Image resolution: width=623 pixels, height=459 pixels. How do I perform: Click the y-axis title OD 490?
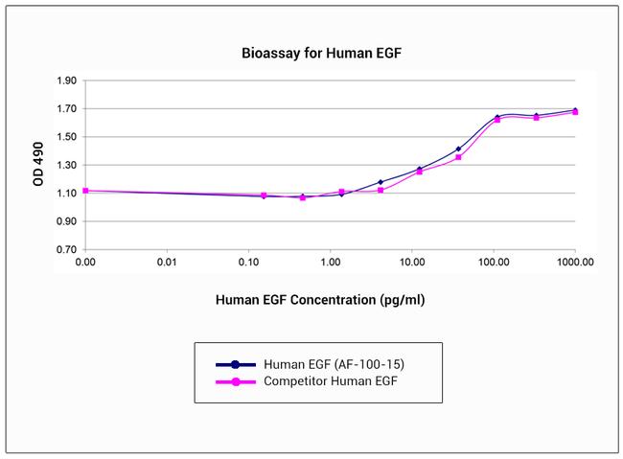39,166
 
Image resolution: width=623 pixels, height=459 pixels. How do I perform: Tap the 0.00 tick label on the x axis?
85,262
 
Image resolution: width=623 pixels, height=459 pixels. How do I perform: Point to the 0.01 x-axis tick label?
167,262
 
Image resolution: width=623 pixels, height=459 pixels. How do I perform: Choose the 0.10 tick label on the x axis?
248,262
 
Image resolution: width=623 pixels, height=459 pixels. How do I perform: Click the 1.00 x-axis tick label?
330,262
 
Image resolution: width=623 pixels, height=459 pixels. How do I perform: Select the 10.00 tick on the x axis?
411,262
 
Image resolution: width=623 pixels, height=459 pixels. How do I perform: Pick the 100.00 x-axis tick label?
493,262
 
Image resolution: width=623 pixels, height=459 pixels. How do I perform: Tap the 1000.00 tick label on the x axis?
574,262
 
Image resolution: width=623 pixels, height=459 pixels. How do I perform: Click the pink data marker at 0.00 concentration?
85,191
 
